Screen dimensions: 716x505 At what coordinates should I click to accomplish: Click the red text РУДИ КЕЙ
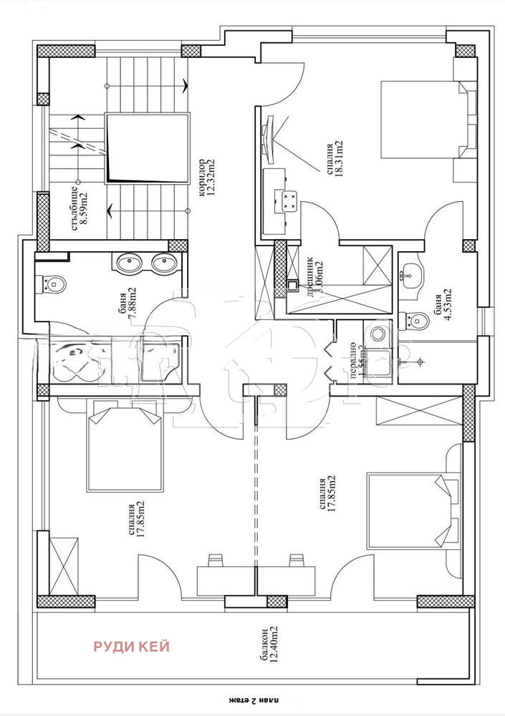coord(132,647)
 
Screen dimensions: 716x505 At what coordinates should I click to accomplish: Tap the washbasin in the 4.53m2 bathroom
coord(411,273)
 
